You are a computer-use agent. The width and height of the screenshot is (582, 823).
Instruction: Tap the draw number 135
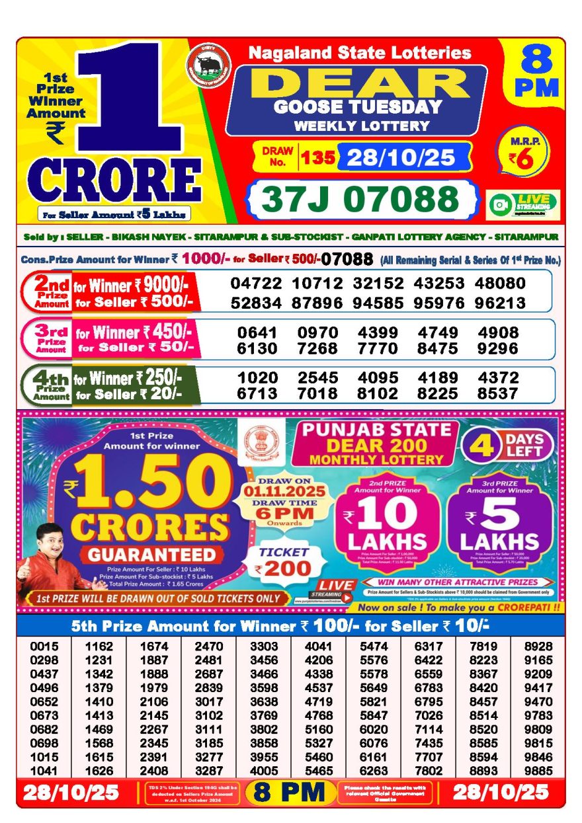[317, 158]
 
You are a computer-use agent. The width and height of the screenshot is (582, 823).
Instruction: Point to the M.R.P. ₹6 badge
[519, 154]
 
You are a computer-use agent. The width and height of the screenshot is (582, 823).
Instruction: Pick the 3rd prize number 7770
[378, 348]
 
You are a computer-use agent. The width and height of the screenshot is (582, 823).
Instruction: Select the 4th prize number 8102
[378, 394]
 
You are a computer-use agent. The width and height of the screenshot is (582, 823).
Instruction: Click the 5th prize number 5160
[318, 729]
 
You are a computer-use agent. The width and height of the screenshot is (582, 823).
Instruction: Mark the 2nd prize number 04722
[256, 284]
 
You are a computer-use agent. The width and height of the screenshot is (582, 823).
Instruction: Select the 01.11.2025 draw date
[292, 492]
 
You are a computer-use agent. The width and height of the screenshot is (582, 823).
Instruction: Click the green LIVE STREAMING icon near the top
[523, 204]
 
